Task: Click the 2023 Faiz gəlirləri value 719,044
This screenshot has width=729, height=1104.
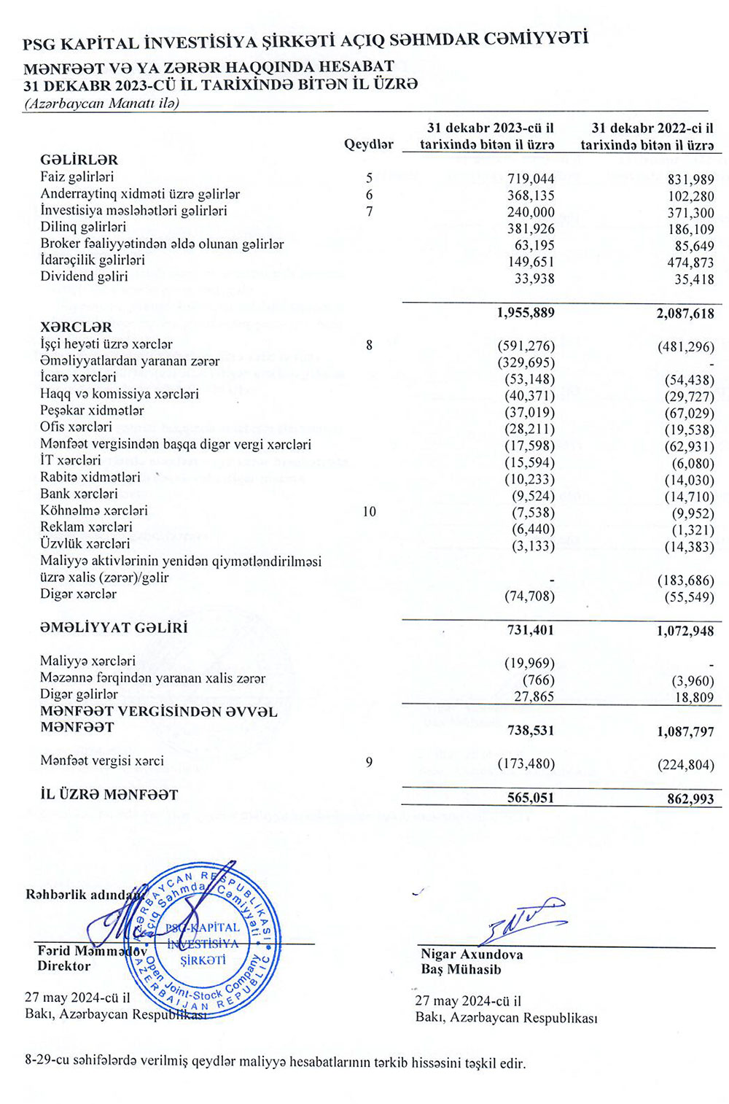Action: click(x=531, y=179)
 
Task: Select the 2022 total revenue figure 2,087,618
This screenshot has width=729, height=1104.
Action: click(x=685, y=314)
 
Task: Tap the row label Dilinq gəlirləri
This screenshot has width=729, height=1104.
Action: click(x=83, y=227)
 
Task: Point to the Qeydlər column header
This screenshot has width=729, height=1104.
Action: click(x=369, y=144)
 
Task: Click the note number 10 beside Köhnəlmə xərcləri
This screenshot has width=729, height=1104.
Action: click(x=369, y=512)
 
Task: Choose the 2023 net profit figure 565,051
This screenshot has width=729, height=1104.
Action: click(x=531, y=798)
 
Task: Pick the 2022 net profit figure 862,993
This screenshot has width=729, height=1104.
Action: click(x=690, y=798)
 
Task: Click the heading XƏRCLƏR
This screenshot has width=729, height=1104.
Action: click(x=77, y=327)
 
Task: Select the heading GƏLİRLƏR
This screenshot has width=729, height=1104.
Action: click(x=79, y=160)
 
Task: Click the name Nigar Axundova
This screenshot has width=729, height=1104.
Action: click(x=472, y=955)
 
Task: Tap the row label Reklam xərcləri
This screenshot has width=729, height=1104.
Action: click(x=86, y=527)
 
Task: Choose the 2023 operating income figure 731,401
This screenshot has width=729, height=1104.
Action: click(x=531, y=630)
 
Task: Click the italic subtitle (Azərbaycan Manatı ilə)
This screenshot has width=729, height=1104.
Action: click(x=101, y=104)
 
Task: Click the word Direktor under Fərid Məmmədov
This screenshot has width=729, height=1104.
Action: click(x=64, y=966)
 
